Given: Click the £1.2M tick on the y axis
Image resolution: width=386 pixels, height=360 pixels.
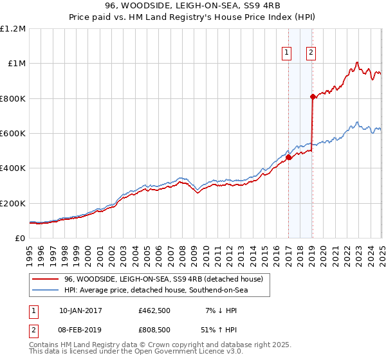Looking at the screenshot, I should [14, 29].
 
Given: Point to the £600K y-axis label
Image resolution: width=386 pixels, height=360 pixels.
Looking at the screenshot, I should [14, 134].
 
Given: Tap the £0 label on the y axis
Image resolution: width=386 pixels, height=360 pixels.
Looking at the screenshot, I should [21, 239].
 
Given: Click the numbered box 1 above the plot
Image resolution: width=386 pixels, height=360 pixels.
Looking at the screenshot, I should [286, 53].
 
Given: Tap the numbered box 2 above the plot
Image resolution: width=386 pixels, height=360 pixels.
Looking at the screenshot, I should [311, 53].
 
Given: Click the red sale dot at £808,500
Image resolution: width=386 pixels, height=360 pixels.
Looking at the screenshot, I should [313, 97].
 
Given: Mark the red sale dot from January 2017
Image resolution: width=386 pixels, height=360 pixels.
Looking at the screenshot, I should [288, 157].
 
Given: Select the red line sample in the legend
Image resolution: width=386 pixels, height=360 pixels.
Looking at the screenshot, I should [45, 279].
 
